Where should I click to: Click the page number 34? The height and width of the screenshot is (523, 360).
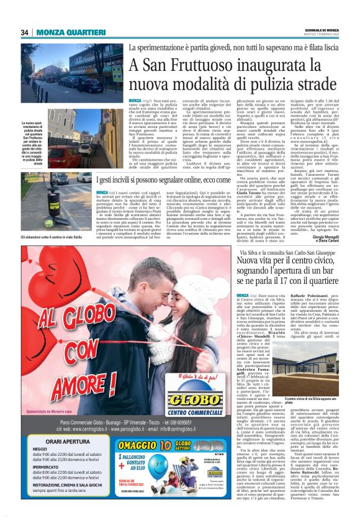24,32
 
